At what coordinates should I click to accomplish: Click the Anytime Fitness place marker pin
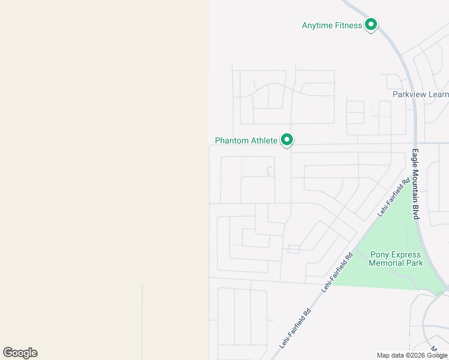371,25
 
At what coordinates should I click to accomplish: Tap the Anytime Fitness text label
332,25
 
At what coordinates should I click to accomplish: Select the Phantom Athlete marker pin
287,140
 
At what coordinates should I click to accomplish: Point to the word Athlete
264,140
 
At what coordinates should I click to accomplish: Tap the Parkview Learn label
420,94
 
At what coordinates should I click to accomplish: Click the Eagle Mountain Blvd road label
415,184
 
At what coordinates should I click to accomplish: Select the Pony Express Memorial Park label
396,259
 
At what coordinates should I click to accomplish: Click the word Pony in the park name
380,254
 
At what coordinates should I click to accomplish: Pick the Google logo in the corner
20,353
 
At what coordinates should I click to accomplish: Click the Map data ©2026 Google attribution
412,355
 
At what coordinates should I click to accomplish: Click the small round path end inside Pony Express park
406,225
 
